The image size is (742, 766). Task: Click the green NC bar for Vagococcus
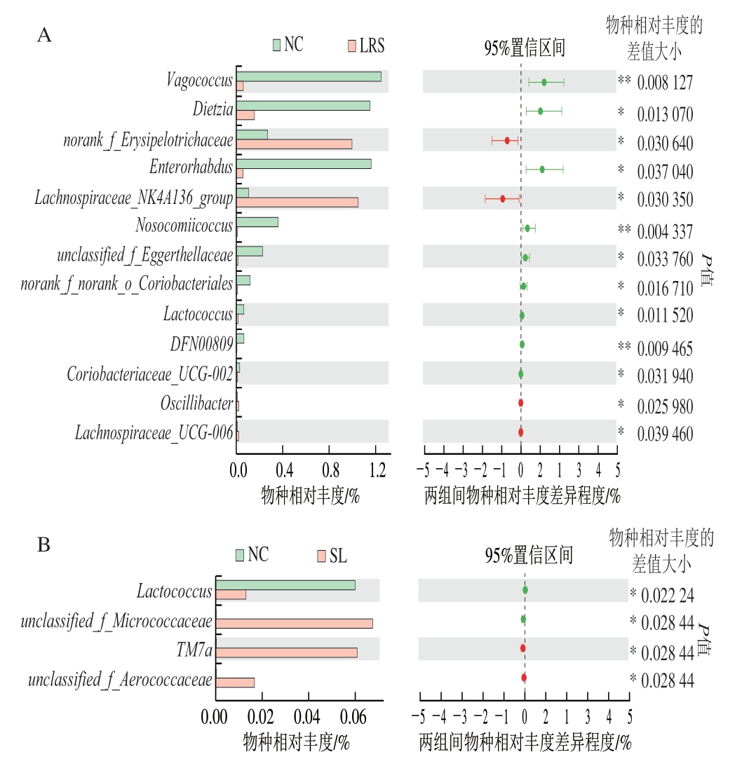309,76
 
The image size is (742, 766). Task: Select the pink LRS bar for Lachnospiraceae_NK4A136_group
297,203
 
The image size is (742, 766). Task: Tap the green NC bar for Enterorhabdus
304,163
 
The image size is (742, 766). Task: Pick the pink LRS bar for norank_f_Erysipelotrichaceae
294,144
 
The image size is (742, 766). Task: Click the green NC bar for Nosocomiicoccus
257,222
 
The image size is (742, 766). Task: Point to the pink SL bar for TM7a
286,653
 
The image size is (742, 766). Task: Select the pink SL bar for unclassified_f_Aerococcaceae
235,683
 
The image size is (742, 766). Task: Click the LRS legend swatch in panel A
350,46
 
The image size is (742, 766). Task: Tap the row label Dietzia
213,110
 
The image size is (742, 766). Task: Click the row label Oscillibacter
196,404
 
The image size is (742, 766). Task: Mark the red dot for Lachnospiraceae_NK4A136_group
502,199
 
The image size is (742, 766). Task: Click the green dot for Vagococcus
544,82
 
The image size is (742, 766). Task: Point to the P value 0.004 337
665,231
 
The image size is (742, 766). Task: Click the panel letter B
43,545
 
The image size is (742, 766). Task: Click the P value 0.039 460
665,435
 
